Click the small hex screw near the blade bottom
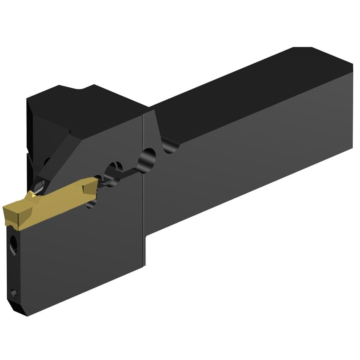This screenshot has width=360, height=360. click(x=14, y=292)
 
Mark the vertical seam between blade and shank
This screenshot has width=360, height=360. click(x=144, y=190)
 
